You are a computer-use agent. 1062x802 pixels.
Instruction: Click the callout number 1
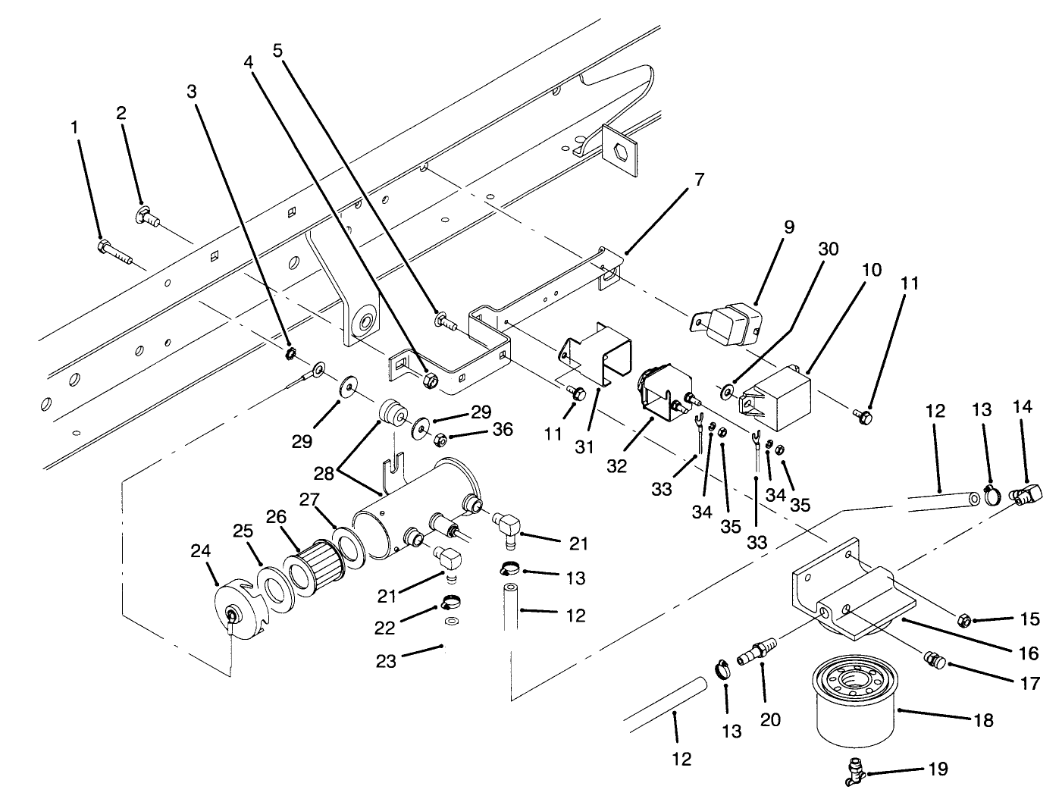[74, 128]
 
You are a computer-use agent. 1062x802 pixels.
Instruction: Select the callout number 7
[698, 180]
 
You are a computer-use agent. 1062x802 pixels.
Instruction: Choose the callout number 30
[828, 249]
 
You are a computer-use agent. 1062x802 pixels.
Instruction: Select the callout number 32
[616, 465]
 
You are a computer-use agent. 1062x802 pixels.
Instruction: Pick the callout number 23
[387, 660]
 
